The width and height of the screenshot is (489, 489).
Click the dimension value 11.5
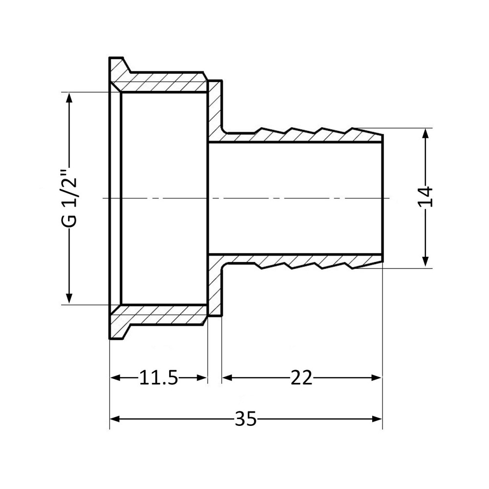158,378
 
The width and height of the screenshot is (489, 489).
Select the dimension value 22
301,378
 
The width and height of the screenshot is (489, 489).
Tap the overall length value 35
245,419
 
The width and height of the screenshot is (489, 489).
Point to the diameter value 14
426,198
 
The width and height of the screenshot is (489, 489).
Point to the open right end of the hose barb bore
382,198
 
